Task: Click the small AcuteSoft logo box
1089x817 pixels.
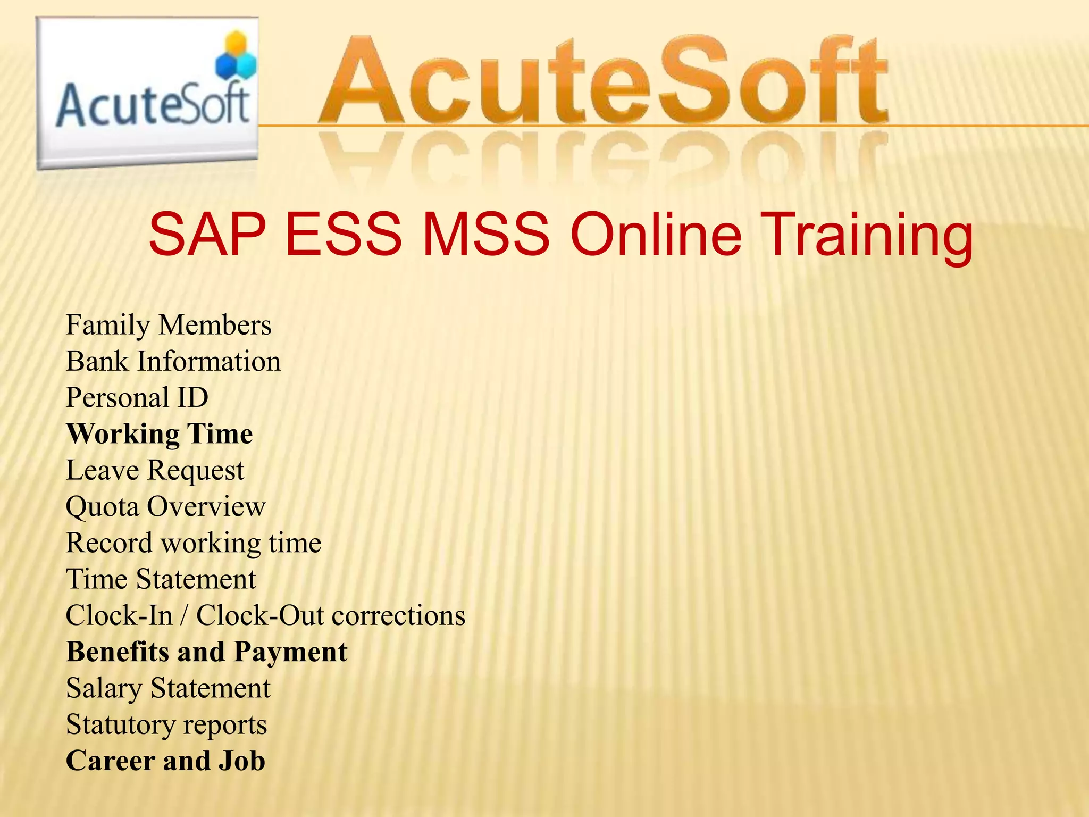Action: (147, 93)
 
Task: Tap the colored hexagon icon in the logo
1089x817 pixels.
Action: (236, 55)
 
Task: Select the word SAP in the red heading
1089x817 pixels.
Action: (207, 235)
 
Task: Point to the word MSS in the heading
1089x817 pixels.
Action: (485, 235)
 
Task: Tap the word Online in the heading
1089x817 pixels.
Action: (656, 235)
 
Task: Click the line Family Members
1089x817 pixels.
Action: (169, 325)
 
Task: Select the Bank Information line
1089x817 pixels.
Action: (173, 361)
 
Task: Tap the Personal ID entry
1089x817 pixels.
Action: (137, 397)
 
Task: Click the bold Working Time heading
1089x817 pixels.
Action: (160, 434)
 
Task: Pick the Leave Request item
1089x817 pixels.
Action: (155, 470)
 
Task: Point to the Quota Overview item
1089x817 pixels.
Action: (165, 506)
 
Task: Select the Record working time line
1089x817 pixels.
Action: (194, 543)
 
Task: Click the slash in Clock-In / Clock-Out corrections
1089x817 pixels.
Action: (184, 615)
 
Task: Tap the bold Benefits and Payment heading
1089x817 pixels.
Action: (207, 652)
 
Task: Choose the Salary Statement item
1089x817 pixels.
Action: (168, 688)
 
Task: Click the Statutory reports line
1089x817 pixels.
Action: (166, 724)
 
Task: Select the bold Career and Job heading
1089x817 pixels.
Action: (165, 761)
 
